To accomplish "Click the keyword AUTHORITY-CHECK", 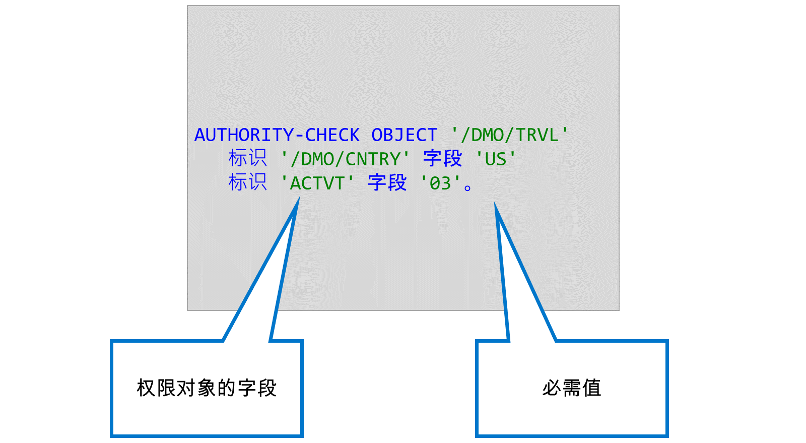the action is pos(277,135).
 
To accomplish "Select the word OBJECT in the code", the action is pos(404,135).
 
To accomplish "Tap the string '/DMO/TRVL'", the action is pos(509,135).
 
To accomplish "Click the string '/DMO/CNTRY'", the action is pos(345,159).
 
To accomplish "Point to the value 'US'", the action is pos(496,159).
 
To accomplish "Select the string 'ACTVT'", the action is pos(317,183).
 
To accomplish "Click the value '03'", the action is pos(440,183).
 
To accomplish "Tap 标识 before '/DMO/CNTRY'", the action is pos(247,158).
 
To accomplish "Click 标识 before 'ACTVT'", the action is pos(247,182).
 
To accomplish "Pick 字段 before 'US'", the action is pos(443,158).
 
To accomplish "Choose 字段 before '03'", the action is pos(387,182).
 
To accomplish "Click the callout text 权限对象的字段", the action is pos(207,388).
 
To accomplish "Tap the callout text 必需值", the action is pos(572,388).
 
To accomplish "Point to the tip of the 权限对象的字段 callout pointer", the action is pos(299,198).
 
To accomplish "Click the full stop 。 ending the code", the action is pos(468,187).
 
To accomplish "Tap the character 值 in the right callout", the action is pos(591,388).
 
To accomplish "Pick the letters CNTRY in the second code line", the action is pos(372,159).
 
